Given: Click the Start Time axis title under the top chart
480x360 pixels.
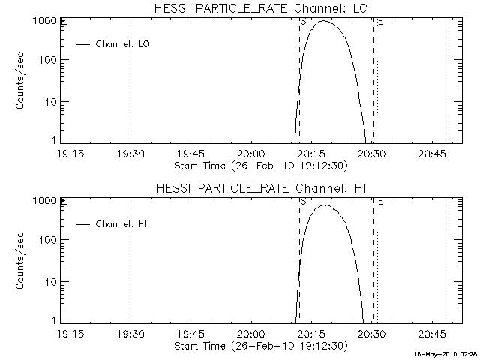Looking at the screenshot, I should click(x=259, y=165).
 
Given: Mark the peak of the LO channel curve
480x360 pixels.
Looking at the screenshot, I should click(x=324, y=21).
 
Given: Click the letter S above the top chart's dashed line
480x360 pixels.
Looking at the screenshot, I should click(x=302, y=22).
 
